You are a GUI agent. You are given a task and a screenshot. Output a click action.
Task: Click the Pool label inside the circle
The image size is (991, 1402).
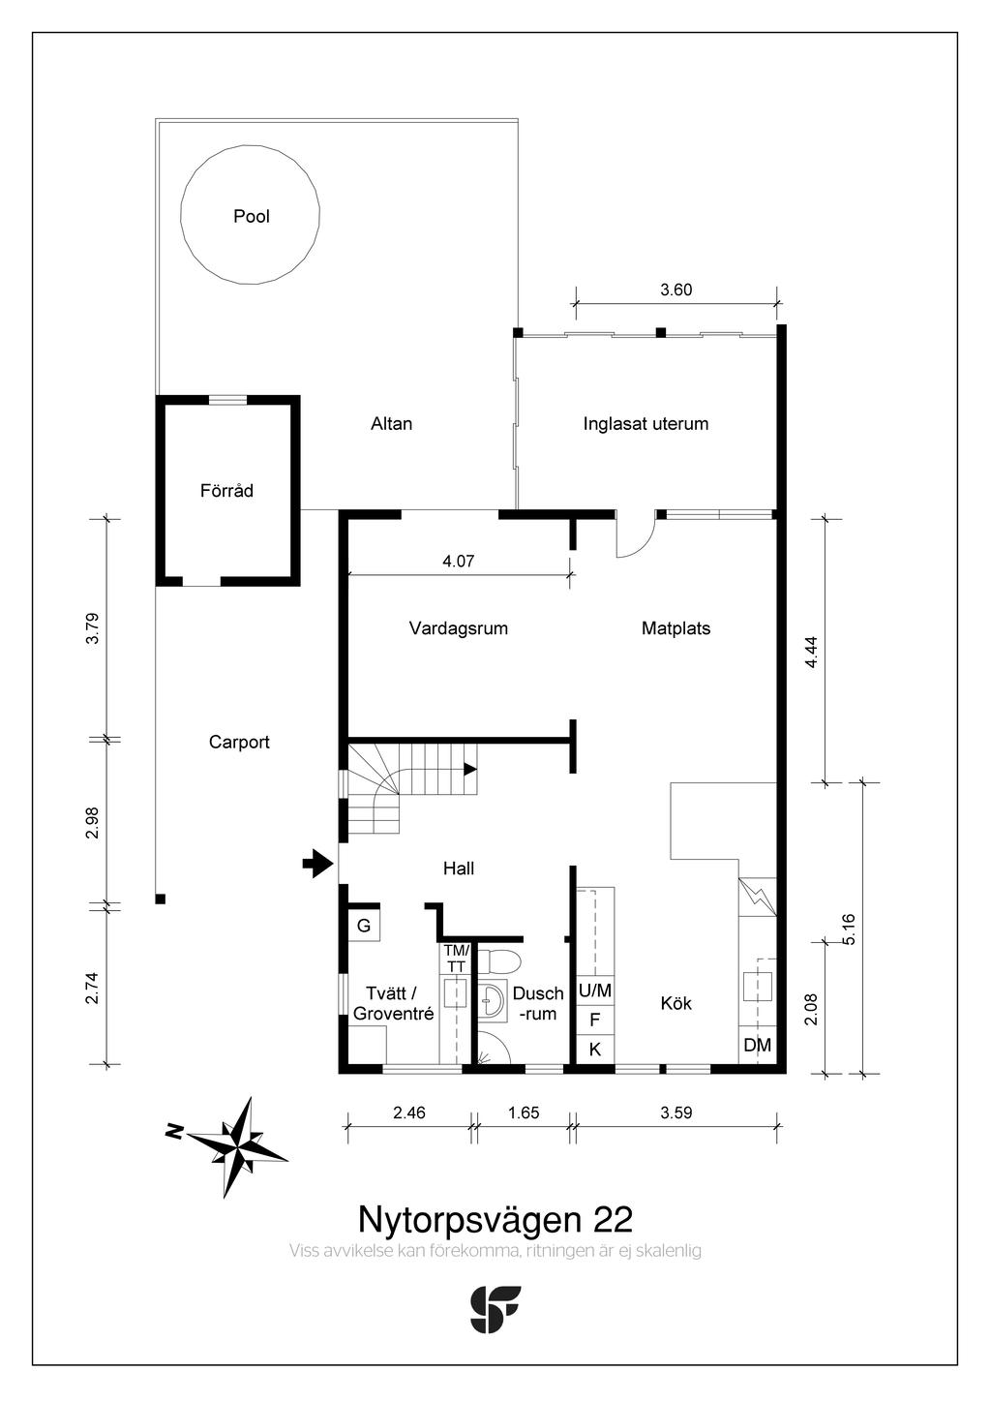click(x=252, y=216)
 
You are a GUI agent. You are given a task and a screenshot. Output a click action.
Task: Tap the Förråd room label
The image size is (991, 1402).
click(x=226, y=491)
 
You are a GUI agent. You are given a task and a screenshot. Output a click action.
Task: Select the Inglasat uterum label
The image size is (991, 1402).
click(x=646, y=423)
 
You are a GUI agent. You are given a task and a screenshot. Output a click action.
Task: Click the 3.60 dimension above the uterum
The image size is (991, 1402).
click(x=676, y=290)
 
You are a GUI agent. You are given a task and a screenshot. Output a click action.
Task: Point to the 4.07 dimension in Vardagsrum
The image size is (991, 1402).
click(x=458, y=561)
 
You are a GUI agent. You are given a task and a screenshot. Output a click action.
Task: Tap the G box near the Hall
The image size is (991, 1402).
click(x=364, y=926)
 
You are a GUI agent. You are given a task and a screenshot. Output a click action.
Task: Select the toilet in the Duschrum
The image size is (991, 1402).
click(x=502, y=960)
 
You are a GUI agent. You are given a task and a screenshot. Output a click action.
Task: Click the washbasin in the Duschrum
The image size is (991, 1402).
click(x=494, y=1000)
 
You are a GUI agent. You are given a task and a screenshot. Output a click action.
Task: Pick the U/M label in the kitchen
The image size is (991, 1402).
click(x=595, y=991)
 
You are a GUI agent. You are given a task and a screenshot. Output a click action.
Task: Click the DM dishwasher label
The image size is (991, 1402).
click(x=758, y=1045)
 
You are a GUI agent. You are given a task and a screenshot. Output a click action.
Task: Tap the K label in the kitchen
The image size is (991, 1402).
click(x=595, y=1049)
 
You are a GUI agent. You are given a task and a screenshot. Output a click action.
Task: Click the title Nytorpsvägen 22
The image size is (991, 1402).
click(x=495, y=1216)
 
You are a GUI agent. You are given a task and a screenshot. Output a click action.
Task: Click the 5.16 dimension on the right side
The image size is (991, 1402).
click(x=849, y=929)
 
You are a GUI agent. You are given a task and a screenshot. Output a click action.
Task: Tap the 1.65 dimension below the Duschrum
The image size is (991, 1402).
click(x=524, y=1112)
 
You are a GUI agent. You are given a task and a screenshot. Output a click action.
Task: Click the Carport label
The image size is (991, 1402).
click(x=239, y=743)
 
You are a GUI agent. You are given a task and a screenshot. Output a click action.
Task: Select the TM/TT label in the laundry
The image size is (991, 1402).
click(x=456, y=959)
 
